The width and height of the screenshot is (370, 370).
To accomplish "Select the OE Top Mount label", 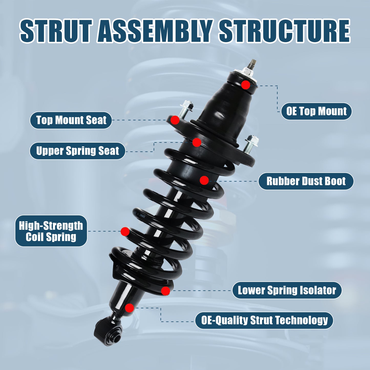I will point(316,111).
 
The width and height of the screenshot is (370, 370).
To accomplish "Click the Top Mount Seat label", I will point(71,120).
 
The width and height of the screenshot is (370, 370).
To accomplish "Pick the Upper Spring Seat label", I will point(77,151).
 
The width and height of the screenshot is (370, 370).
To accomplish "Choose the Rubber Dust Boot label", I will point(306,181).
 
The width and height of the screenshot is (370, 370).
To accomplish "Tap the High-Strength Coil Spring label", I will point(51,231).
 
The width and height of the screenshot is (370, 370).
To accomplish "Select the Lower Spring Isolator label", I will point(287,290).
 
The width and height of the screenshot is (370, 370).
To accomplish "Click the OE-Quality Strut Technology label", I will point(264,320).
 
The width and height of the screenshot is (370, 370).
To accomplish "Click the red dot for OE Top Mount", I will point(246,85).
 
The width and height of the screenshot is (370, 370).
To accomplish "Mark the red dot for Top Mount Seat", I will point(175,120).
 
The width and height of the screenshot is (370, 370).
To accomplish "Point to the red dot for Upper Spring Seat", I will point(197,142).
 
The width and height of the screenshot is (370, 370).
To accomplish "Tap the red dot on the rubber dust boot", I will point(204,180).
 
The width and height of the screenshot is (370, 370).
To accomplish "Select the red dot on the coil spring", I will point(125,231).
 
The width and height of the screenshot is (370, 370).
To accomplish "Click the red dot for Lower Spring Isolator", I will point(165,291).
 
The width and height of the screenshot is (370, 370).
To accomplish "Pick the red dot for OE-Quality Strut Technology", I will point(129,308).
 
